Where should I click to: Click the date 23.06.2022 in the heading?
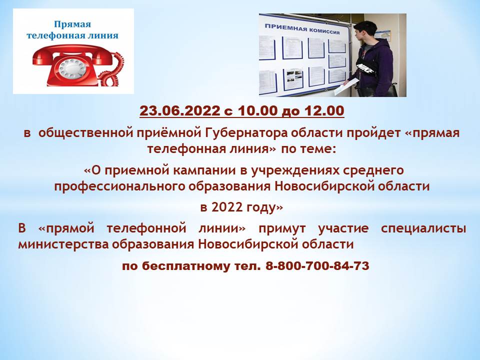[x=179, y=111]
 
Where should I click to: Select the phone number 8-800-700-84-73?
[x=317, y=265]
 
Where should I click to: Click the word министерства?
[x=63, y=244]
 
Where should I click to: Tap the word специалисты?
[x=423, y=228]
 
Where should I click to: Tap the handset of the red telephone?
[x=73, y=54]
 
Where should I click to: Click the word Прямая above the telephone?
[x=72, y=24]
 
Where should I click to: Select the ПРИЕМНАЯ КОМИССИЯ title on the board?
[x=302, y=29]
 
